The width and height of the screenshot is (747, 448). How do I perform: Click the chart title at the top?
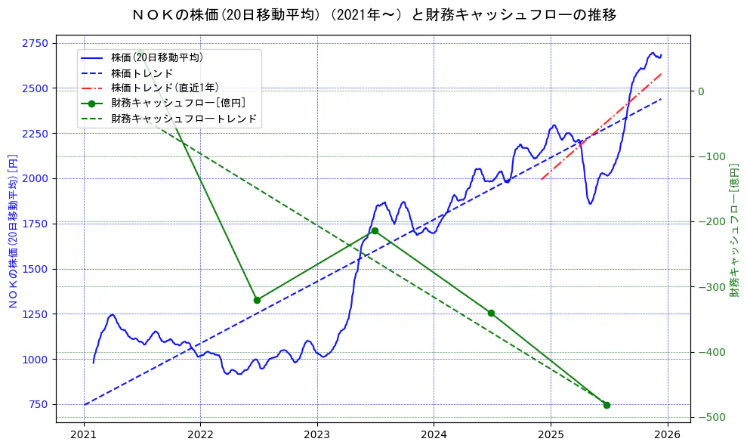373,14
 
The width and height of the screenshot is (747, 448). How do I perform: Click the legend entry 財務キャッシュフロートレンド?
184,119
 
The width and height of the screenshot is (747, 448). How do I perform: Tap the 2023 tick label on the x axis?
317,436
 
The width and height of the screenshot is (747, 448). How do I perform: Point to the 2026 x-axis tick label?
667,436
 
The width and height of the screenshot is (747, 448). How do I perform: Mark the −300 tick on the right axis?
710,287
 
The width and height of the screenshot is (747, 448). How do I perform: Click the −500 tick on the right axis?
710,418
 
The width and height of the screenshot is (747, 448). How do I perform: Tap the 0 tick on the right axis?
701,91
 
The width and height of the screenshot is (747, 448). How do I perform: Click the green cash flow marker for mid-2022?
257,300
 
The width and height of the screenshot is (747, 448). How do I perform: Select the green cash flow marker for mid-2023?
375,230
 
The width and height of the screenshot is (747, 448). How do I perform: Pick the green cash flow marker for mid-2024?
491,313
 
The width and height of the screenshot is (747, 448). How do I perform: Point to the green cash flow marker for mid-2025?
607,405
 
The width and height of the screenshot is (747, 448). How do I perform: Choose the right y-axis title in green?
734,227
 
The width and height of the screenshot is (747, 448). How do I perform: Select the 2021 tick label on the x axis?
84,436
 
